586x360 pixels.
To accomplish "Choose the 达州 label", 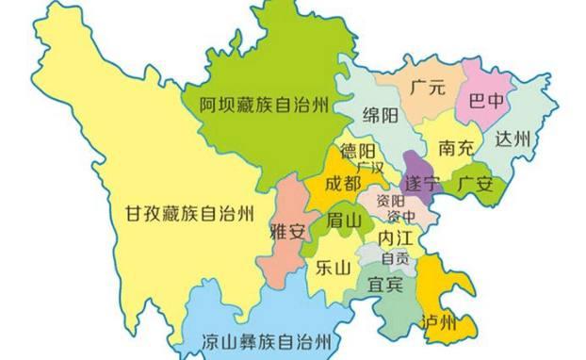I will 514,139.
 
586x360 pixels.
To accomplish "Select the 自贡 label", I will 394,258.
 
